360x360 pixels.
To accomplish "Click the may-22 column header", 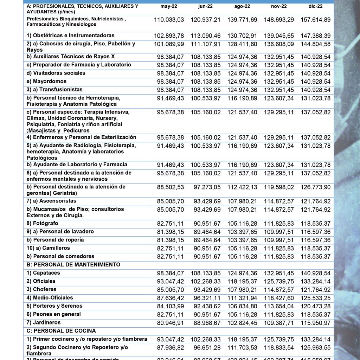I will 169,7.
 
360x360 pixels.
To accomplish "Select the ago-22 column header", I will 242,7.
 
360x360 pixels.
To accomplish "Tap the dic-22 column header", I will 315,7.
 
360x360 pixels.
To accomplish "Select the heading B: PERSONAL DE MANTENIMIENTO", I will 73,264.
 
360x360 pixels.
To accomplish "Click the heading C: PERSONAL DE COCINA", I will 61,331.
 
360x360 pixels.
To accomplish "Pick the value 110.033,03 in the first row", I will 169,20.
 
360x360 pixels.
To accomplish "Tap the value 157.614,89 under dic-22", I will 315,20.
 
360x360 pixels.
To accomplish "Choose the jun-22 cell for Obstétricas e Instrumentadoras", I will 206,36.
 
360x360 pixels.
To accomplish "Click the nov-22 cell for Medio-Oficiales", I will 279,298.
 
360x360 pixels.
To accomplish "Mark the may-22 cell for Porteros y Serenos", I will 170,306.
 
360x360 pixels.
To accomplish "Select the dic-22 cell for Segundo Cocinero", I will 315,348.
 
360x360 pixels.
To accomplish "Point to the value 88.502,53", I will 170,187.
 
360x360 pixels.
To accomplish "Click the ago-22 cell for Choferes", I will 242,290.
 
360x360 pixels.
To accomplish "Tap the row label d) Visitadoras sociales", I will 56,73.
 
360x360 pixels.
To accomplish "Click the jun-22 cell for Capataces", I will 206,274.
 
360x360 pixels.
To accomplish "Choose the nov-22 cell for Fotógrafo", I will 279,224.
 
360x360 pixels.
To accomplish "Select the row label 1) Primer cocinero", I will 87,339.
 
